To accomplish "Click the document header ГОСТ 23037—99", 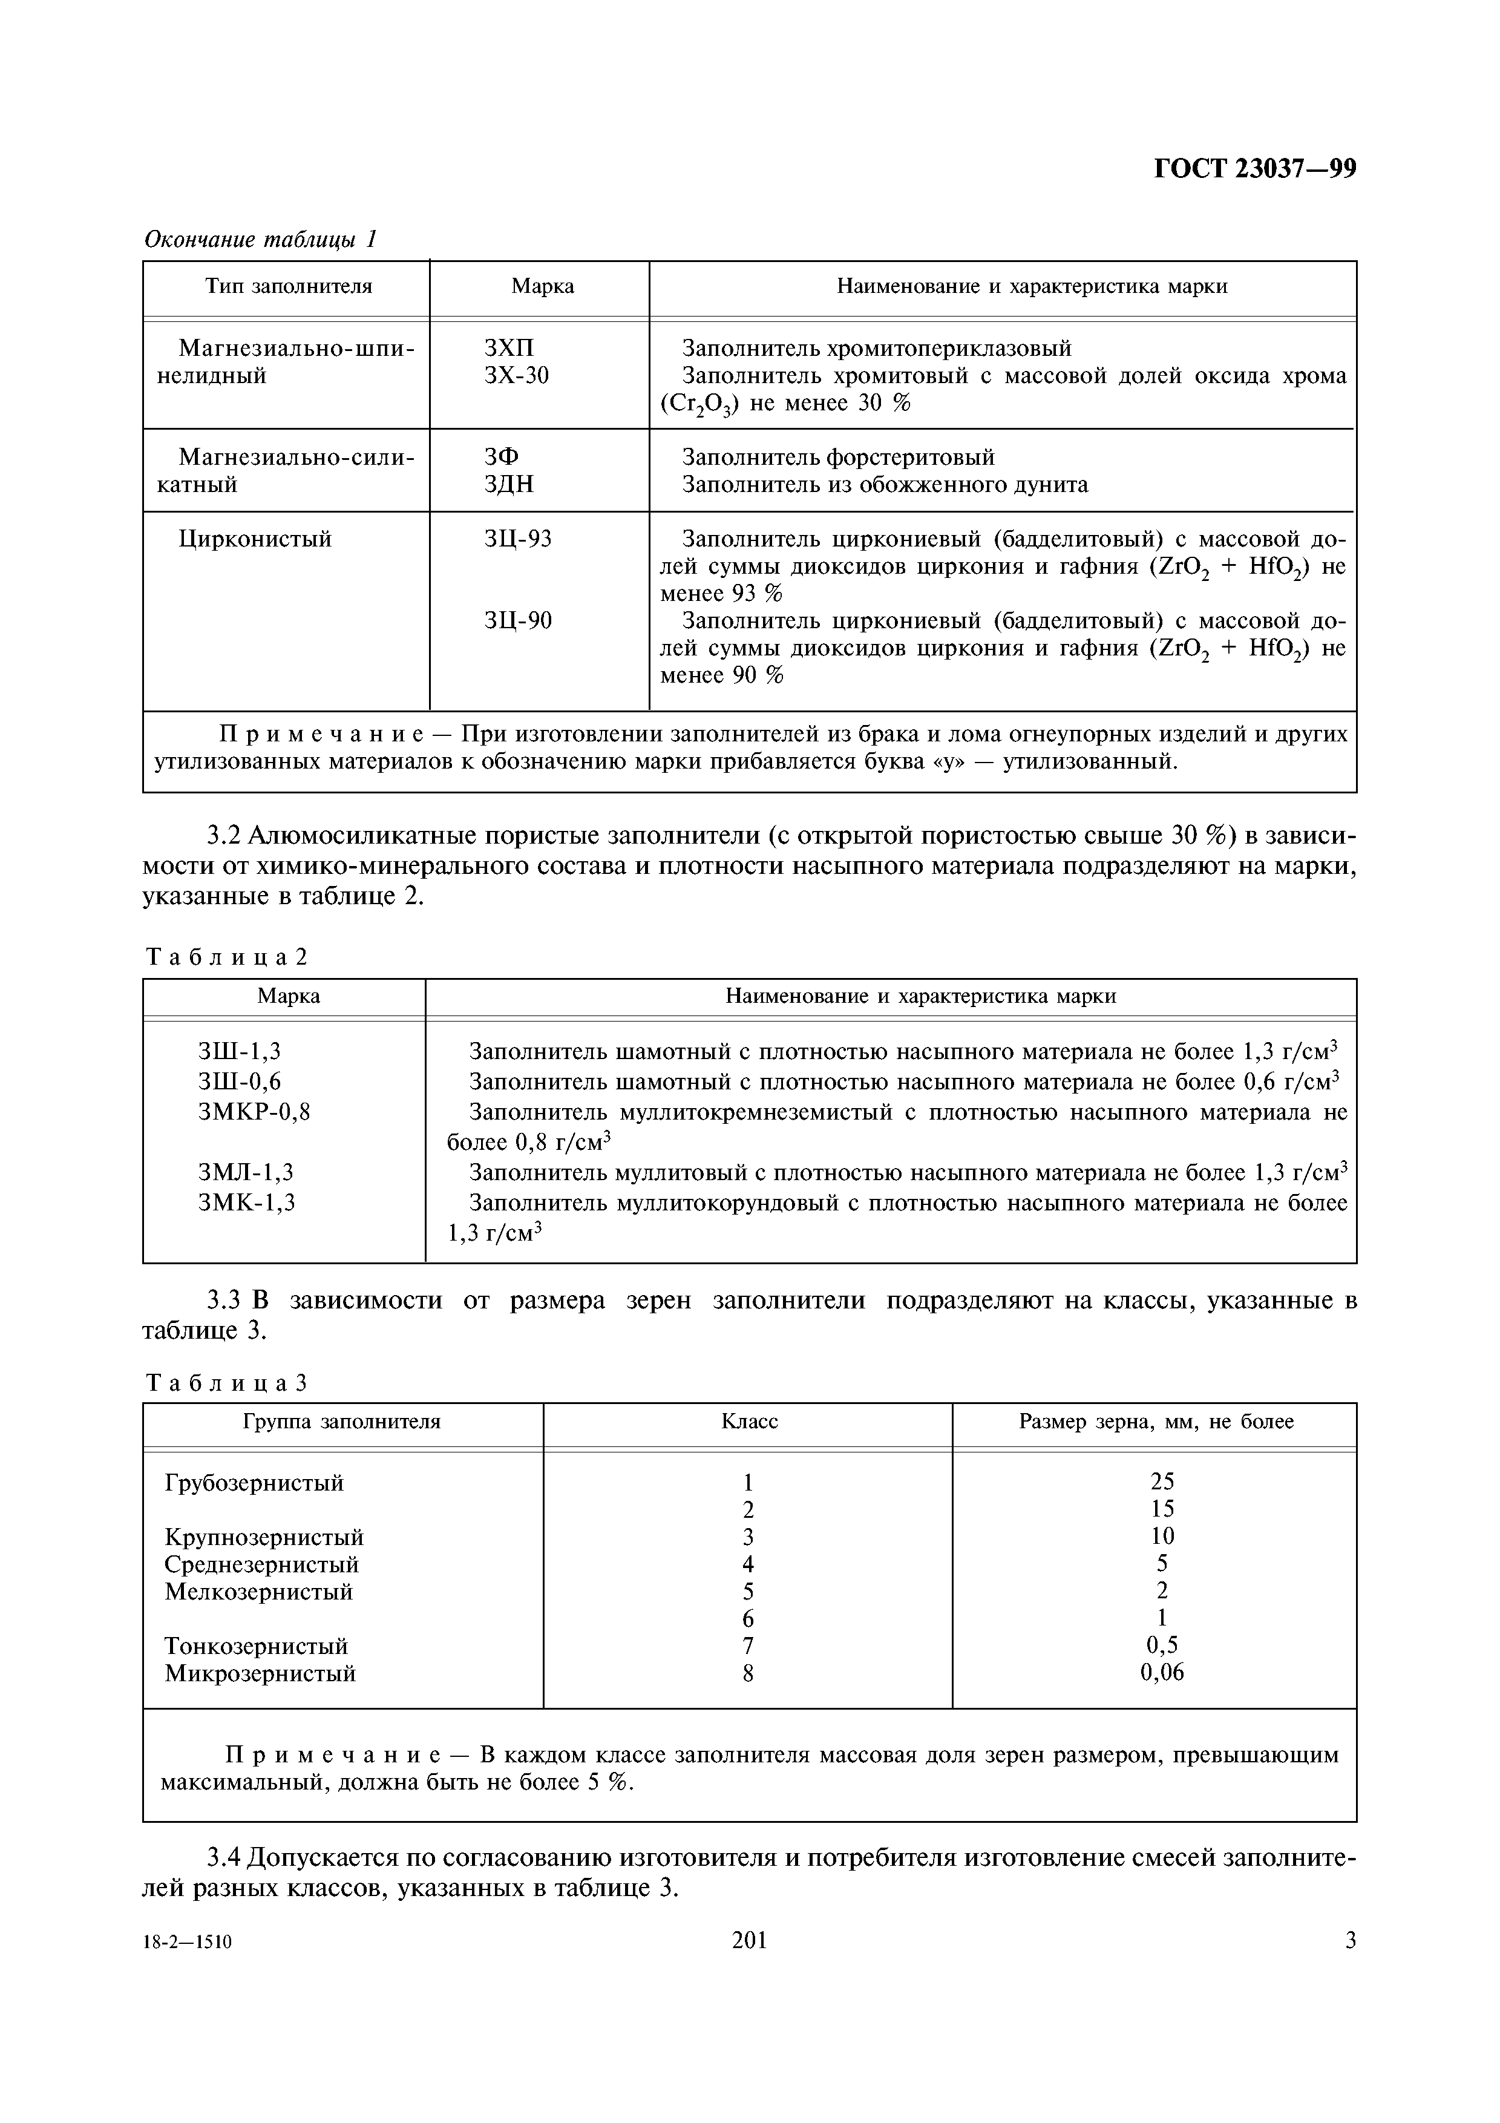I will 1255,169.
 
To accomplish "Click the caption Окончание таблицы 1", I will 261,240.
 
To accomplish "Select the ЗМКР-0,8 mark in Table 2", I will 254,1112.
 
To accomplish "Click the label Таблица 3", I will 226,1383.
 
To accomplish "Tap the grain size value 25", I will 1162,1482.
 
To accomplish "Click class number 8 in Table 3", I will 748,1673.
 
